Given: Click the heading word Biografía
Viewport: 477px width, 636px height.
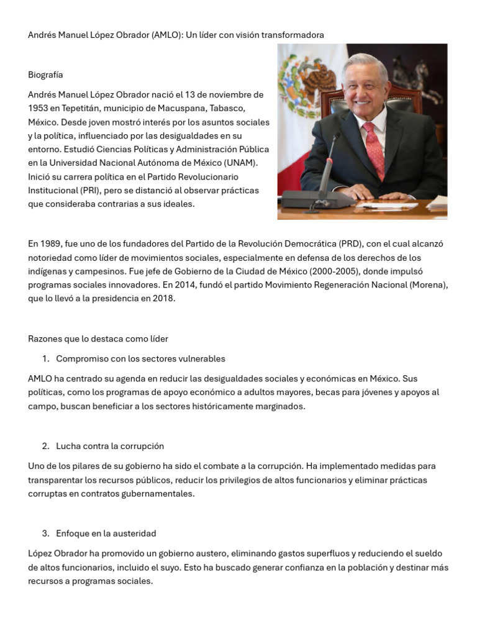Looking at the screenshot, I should (x=45, y=75).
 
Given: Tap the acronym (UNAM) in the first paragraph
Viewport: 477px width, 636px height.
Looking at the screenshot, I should (x=222, y=163).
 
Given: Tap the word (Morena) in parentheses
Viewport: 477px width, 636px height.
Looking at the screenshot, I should (x=428, y=285).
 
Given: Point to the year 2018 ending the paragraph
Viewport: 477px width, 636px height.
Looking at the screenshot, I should (x=164, y=299).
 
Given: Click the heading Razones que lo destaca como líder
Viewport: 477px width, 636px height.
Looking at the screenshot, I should (x=98, y=338).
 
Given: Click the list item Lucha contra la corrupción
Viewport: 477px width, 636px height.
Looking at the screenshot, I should (x=110, y=446).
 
